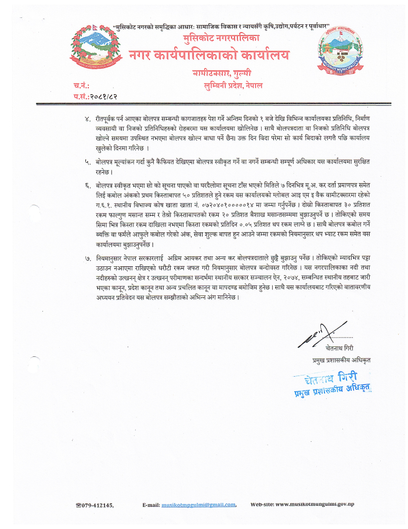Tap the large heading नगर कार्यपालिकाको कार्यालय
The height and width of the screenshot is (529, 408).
209,57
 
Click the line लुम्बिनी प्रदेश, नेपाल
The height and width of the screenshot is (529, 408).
230,85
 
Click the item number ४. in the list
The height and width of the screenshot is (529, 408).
88,119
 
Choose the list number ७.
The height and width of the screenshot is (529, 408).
88,257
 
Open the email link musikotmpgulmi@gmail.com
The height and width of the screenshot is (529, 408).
198,505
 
